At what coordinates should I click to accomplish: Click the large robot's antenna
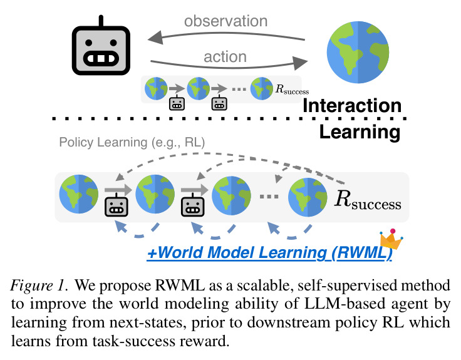pyautogui.click(x=101, y=21)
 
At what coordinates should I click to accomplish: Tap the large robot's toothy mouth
pyautogui.click(x=101, y=58)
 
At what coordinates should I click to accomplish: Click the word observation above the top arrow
pyautogui.click(x=225, y=21)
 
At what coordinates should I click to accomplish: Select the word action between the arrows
pyautogui.click(x=225, y=56)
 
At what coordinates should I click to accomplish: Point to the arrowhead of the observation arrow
pyautogui.click(x=155, y=38)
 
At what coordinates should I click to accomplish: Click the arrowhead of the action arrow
pyautogui.click(x=301, y=63)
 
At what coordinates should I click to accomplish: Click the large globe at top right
pyautogui.click(x=358, y=52)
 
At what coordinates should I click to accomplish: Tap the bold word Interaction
pyautogui.click(x=352, y=106)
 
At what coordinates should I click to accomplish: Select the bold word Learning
pyautogui.click(x=360, y=132)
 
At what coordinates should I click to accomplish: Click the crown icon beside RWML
pyautogui.click(x=391, y=239)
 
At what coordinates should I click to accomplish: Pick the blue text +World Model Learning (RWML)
pyautogui.click(x=269, y=252)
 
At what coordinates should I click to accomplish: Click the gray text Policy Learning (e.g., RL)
pyautogui.click(x=132, y=142)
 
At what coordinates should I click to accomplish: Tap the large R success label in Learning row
pyautogui.click(x=368, y=200)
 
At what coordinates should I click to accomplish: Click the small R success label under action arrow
pyautogui.click(x=292, y=90)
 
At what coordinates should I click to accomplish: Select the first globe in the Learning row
pyautogui.click(x=79, y=194)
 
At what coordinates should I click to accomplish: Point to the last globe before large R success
pyautogui.click(x=308, y=197)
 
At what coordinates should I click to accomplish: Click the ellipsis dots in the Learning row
pyautogui.click(x=269, y=197)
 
